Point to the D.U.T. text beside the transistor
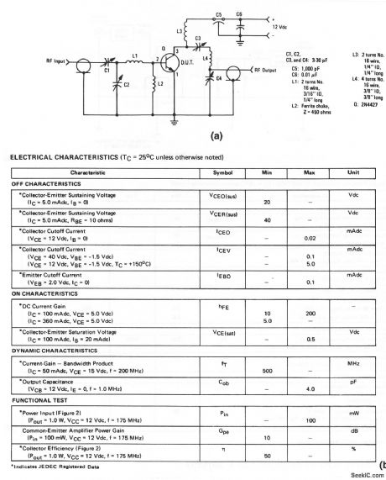[186, 61]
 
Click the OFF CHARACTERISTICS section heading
[43, 182]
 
